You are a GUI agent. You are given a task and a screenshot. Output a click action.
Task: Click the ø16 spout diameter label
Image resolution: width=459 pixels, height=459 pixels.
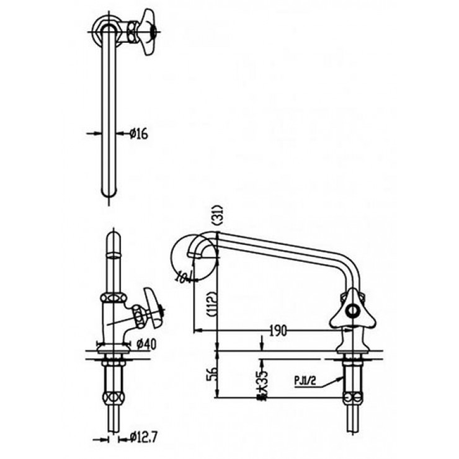(140, 133)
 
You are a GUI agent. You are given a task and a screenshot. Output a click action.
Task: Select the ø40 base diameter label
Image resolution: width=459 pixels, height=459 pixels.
(146, 343)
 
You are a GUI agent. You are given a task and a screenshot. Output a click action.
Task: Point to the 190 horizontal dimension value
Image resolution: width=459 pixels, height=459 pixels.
(278, 331)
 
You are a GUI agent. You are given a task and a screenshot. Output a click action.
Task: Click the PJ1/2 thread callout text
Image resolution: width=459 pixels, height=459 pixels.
(304, 382)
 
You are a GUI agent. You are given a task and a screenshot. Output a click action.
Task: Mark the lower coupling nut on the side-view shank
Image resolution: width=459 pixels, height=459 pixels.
(352, 398)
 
